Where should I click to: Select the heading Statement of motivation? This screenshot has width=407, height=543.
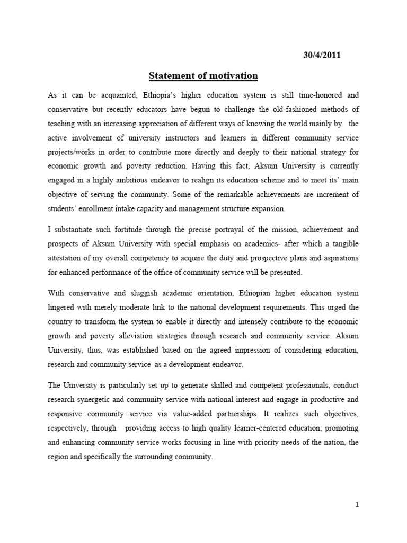pos(203,76)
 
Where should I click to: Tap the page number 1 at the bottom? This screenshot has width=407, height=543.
pos(358,505)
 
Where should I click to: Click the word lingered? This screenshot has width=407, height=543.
pos(63,306)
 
